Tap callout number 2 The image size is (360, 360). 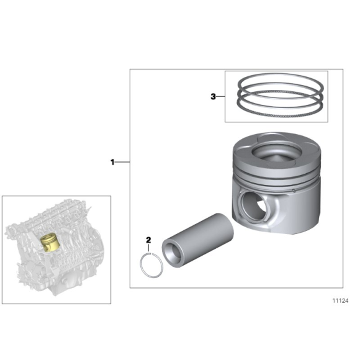[148, 240]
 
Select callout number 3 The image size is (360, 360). [214, 97]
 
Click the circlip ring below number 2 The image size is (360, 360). [150, 266]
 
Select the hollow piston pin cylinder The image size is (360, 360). [199, 239]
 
